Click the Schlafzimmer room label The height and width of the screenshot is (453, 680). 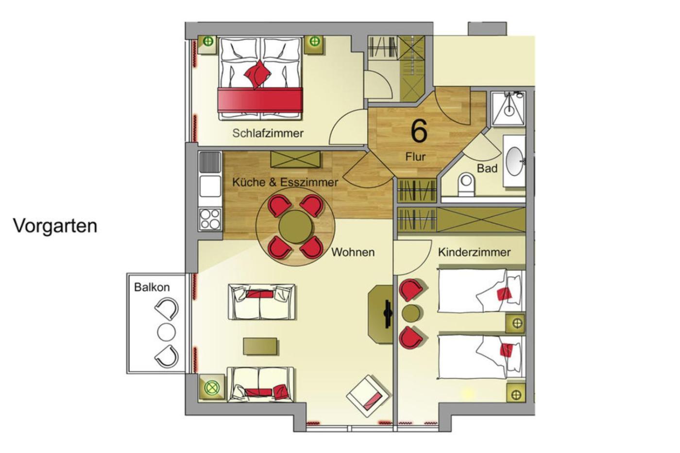268,133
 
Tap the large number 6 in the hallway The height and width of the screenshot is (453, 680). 419,131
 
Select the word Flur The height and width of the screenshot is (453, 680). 416,156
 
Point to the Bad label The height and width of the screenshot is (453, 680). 487,168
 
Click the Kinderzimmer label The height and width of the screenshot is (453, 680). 474,252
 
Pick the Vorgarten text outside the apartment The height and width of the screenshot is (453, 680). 55,226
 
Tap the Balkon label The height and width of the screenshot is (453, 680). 152,287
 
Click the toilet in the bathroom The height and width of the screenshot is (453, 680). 466,185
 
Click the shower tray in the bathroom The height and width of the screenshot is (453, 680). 508,108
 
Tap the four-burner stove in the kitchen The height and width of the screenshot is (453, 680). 210,219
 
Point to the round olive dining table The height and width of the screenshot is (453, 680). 296,227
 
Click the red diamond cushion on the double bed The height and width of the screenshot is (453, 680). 258,74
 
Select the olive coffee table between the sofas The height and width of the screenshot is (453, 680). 260,346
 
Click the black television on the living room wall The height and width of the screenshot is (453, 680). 388,314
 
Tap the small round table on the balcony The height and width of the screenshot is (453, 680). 166,332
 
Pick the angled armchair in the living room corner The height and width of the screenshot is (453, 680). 368,396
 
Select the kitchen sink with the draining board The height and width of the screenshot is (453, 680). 210,174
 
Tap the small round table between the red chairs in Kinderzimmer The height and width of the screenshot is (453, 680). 411,314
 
